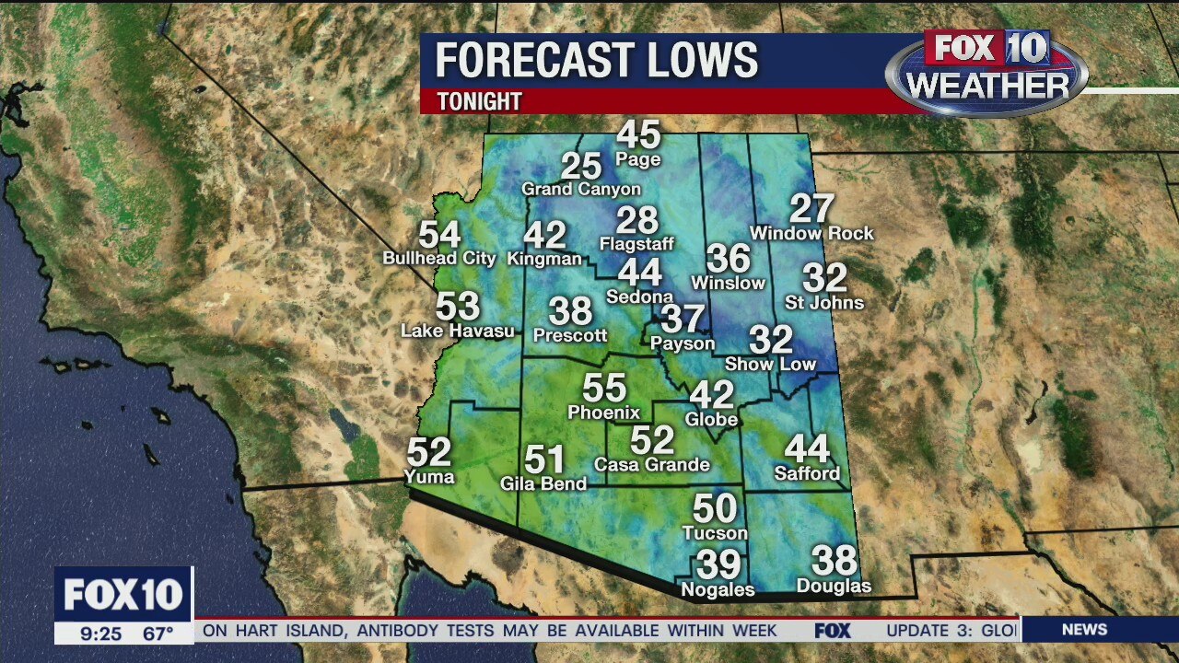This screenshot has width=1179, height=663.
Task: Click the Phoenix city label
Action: [603, 412]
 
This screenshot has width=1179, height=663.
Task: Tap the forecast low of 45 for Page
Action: [638, 135]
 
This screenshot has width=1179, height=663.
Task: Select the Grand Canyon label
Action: [581, 189]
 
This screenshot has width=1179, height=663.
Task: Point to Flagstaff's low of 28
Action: [637, 221]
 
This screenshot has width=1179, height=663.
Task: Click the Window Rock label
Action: [811, 234]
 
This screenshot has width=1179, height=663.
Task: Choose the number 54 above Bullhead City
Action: [439, 236]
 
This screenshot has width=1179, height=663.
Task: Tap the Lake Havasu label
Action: [458, 331]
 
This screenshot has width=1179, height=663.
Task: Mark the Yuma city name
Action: [429, 476]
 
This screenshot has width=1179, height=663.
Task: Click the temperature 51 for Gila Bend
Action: [544, 459]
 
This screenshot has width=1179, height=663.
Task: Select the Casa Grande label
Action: [652, 464]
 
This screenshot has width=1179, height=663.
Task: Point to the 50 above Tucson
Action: [715, 508]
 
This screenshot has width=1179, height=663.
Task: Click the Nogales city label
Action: [718, 589]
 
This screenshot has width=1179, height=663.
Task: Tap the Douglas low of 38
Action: [834, 560]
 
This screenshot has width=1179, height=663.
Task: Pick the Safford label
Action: [807, 473]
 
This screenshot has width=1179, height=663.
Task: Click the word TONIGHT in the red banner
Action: [479, 101]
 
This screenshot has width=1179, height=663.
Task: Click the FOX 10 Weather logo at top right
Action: [986, 72]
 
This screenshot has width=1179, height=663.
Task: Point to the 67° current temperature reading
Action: [158, 634]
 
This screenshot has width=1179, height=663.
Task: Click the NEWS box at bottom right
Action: [1084, 630]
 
